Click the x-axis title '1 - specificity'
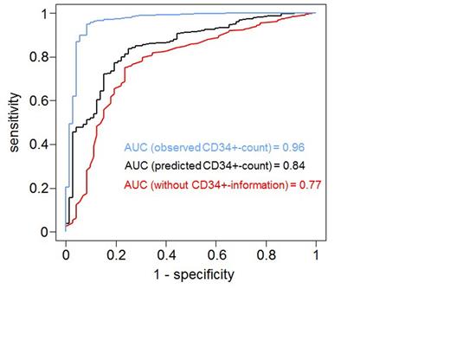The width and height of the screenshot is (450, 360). point(190,275)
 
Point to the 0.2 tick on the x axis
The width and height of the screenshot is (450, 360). point(116,256)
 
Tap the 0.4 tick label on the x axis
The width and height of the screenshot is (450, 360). point(166,256)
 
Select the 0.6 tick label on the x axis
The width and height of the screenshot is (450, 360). point(216,256)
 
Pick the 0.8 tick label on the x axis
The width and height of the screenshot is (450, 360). point(267,256)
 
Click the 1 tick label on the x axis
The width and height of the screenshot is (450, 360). point(316,256)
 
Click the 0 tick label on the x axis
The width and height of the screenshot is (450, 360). point(66,256)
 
